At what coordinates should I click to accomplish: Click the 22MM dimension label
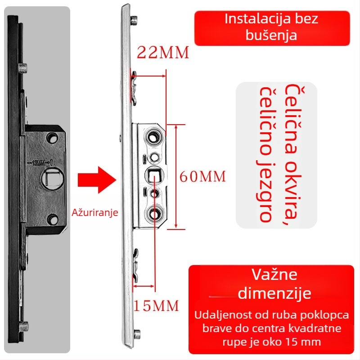click(163, 53)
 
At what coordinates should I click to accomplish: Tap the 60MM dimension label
click(202, 176)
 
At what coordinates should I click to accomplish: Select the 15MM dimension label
click(156, 306)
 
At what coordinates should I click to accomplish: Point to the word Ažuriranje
click(95, 212)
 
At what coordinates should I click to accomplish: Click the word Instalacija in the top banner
click(252, 19)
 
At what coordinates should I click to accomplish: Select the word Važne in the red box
click(274, 275)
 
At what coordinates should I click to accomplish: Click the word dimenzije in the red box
click(274, 293)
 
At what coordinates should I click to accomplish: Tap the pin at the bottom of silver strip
click(137, 334)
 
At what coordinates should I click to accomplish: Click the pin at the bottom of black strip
click(26, 324)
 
